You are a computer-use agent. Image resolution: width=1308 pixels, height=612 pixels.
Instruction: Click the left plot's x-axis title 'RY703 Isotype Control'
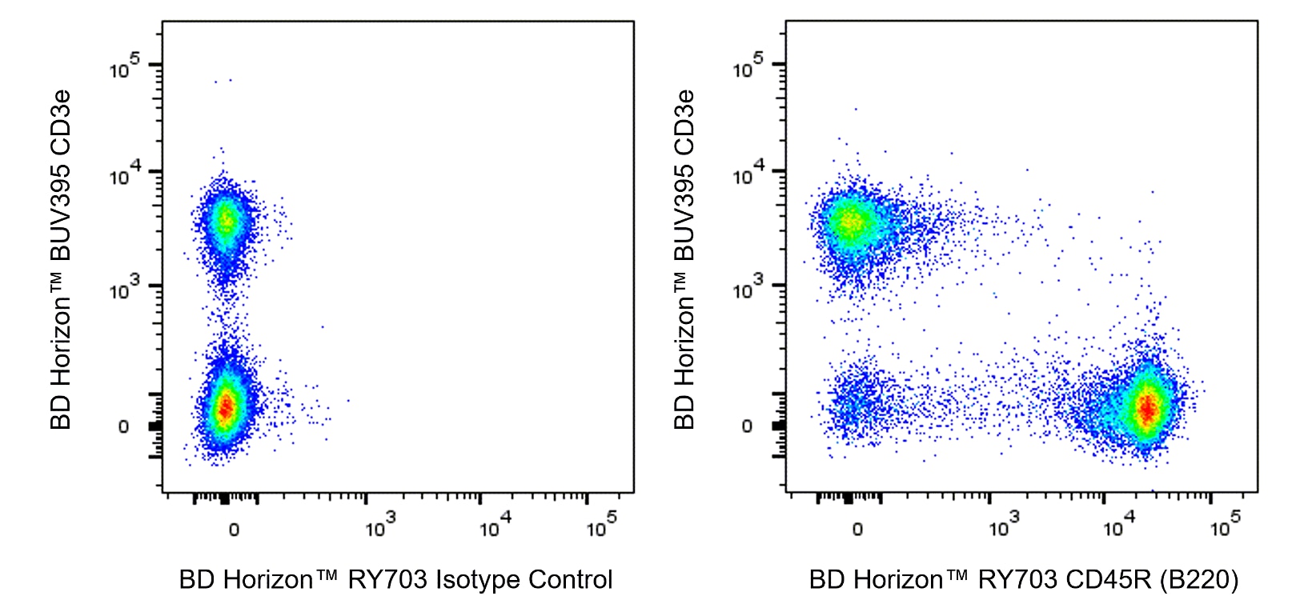pos(479,579)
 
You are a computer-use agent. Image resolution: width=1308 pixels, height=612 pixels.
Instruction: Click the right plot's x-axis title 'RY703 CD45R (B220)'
pos(1108,579)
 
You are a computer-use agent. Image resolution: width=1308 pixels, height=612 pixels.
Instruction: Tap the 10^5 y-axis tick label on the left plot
pos(124,67)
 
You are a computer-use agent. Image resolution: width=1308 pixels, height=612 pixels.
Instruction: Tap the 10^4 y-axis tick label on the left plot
pos(124,174)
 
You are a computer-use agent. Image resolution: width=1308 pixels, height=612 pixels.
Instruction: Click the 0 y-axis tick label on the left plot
pos(123,427)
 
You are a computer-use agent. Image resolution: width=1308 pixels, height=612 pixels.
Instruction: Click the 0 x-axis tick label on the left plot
pos(234,530)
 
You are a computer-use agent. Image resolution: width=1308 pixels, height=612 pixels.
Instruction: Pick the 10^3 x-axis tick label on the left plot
pos(379,526)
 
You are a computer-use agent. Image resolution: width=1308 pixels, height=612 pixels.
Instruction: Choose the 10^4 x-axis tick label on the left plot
pos(494,526)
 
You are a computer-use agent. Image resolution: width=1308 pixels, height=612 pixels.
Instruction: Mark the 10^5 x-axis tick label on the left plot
pos(600,526)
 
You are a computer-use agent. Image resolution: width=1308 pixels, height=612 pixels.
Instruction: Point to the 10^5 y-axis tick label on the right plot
pos(748,67)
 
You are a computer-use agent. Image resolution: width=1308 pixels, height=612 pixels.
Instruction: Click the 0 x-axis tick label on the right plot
pos(857,530)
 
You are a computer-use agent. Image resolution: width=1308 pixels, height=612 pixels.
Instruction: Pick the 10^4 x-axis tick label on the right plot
pos(1117,526)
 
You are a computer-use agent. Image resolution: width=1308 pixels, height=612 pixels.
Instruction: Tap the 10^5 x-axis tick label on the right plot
pos(1224,526)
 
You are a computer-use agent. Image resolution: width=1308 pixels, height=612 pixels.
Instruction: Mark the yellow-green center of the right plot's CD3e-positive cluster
pos(851,222)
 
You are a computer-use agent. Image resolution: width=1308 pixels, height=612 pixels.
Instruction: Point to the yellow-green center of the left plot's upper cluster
pos(226,220)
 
